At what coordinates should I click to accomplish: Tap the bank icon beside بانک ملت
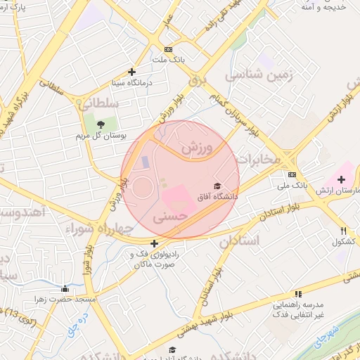(167, 49)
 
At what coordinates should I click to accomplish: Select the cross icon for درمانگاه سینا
(131, 72)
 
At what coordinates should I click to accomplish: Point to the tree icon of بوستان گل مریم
(101, 124)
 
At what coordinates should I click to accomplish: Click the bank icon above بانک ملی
(292, 175)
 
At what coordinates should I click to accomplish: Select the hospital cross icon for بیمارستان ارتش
(341, 180)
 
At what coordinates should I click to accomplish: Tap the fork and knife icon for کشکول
(344, 230)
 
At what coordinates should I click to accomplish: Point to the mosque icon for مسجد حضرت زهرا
(65, 288)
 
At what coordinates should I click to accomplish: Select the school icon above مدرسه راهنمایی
(298, 294)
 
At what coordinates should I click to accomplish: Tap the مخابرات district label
(259, 160)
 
